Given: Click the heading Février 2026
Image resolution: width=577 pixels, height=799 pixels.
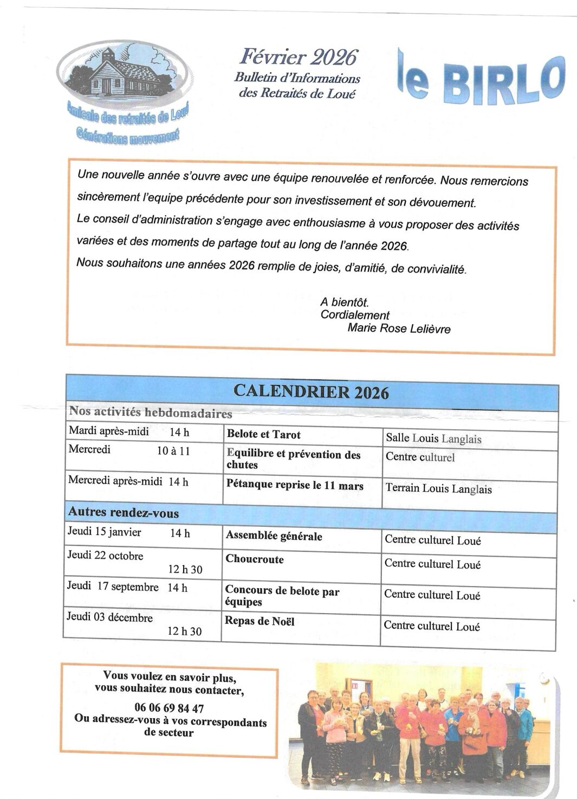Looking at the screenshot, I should tap(299, 57).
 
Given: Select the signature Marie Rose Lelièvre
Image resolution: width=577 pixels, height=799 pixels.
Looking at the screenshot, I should tap(399, 328).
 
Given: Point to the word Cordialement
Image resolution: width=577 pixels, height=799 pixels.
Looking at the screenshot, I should tap(355, 315).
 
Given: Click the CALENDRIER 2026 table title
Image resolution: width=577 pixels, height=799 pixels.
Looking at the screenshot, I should tap(311, 392).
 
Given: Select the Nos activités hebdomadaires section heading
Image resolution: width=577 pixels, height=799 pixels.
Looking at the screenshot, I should tap(151, 413).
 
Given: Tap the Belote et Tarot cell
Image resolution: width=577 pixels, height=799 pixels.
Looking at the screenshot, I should tap(263, 434).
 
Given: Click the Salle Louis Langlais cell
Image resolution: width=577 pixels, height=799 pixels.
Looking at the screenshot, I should tap(433, 439).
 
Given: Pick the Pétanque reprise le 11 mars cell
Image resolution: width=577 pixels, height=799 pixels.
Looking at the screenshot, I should tap(295, 486).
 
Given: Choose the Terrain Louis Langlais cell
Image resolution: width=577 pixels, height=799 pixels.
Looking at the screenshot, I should tap(438, 488).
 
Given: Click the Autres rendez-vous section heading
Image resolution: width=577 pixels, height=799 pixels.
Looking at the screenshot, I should tap(124, 512).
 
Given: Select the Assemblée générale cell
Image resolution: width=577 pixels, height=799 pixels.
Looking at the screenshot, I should tap(274, 536).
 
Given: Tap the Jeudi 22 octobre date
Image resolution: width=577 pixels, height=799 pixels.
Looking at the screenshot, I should tap(105, 556).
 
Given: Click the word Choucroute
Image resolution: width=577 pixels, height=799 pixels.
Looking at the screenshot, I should tap(255, 559).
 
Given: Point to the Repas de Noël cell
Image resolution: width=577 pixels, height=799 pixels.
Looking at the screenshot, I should tap(260, 621).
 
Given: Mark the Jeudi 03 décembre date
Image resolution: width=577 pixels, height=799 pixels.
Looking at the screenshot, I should tap(109, 617).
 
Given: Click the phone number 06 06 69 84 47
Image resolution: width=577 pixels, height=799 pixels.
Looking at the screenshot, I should tap(169, 708).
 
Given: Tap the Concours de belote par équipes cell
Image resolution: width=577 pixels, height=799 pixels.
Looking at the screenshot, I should tap(282, 596).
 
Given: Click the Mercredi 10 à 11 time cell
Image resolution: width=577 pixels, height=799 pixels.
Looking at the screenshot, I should tap(129, 450).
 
